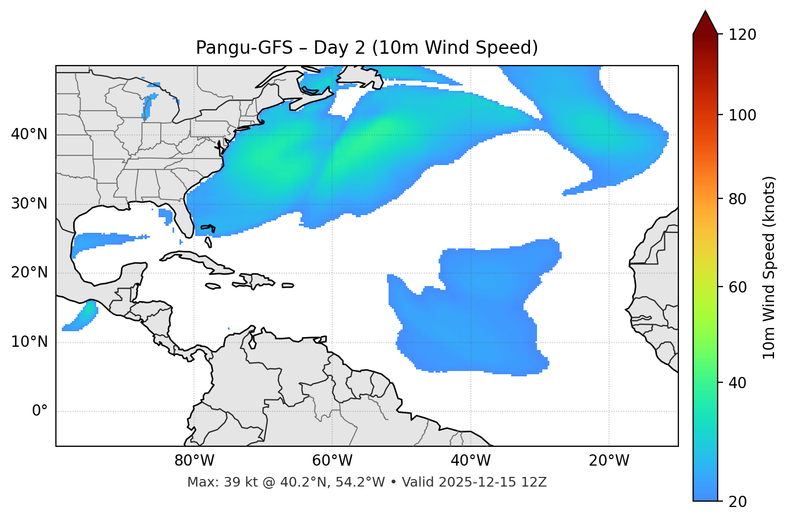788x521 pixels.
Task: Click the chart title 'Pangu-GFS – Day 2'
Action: [367, 48]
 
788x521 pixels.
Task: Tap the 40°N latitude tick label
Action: [29, 134]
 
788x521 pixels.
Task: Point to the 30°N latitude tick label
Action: [29, 204]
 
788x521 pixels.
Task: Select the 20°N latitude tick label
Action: [29, 273]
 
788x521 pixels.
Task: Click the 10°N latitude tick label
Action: [29, 342]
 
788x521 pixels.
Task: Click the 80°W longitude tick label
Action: [194, 461]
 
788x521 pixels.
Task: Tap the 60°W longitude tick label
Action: [332, 461]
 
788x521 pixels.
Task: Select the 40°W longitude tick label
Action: [470, 461]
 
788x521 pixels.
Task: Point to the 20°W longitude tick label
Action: [608, 461]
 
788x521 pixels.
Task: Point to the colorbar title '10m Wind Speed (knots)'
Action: [770, 268]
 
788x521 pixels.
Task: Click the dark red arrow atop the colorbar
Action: [705, 23]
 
